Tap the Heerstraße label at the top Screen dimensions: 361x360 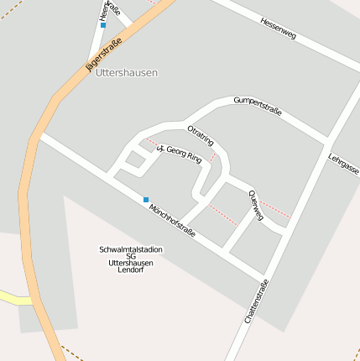coord(103,9)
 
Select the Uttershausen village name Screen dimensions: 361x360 coord(127,73)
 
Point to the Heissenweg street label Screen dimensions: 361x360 coord(278,29)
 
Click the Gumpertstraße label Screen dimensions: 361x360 coord(258,106)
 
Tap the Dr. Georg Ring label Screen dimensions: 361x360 coord(180,154)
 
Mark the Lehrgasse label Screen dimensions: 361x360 coord(344,164)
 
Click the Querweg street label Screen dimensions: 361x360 coord(256,206)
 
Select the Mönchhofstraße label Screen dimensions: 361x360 coord(172,219)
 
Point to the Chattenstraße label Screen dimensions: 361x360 coord(257,301)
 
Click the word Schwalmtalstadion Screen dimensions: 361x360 coord(131,250)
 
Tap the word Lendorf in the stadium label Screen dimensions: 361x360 coord(131,270)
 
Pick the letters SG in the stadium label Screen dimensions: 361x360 coord(131,257)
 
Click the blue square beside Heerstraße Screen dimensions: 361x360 coord(103,25)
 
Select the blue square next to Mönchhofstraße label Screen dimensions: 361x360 coord(146,200)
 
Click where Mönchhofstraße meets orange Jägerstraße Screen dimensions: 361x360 coord(38,135)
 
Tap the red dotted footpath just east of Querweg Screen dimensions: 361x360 coord(275,209)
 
